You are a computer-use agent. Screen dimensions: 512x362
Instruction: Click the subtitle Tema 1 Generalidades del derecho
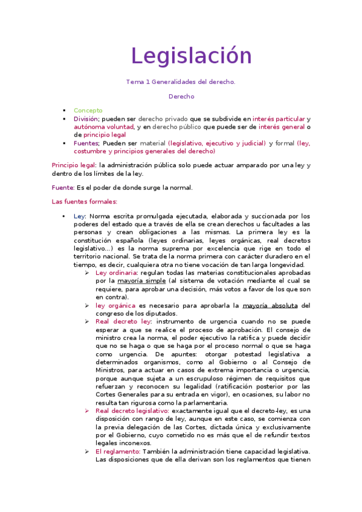click(181, 82)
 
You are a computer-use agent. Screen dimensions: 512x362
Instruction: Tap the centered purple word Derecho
click(181, 96)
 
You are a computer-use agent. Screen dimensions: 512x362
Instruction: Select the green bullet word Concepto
click(88, 110)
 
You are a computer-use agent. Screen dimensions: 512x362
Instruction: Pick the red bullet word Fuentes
click(86, 143)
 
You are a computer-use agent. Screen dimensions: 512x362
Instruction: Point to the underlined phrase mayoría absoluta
click(270, 306)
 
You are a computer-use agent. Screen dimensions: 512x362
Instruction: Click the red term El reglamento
click(118, 451)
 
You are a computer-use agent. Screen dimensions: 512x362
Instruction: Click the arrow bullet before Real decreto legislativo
click(87, 411)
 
